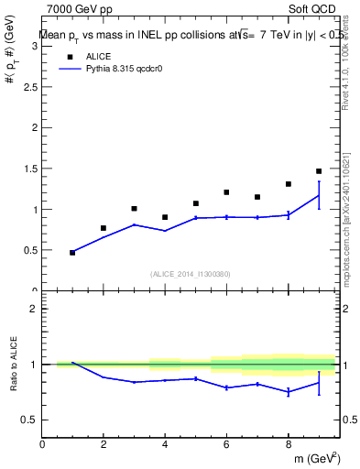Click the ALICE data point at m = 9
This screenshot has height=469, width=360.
click(x=319, y=171)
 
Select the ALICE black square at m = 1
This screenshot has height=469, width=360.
click(x=72, y=252)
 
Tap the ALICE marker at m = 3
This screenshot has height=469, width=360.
click(x=134, y=209)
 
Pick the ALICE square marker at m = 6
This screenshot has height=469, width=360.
click(x=226, y=192)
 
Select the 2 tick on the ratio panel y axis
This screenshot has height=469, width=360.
click(x=35, y=309)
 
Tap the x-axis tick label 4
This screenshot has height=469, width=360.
click(x=165, y=444)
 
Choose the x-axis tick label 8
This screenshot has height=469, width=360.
click(x=288, y=444)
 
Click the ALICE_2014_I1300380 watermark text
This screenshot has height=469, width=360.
click(x=190, y=274)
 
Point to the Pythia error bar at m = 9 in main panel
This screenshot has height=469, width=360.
click(x=319, y=194)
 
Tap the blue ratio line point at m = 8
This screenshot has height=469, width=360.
click(x=288, y=392)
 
